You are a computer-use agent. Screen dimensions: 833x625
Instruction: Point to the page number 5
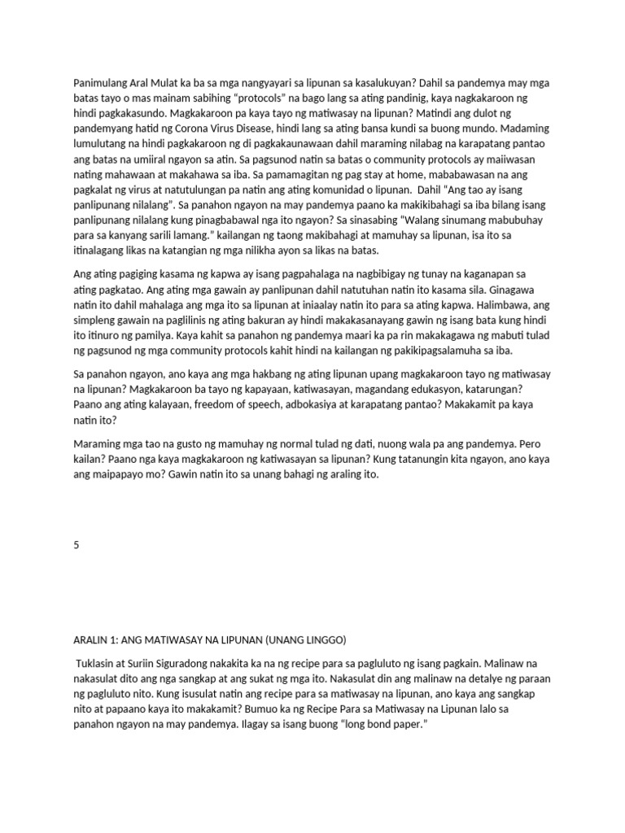click(76, 545)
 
